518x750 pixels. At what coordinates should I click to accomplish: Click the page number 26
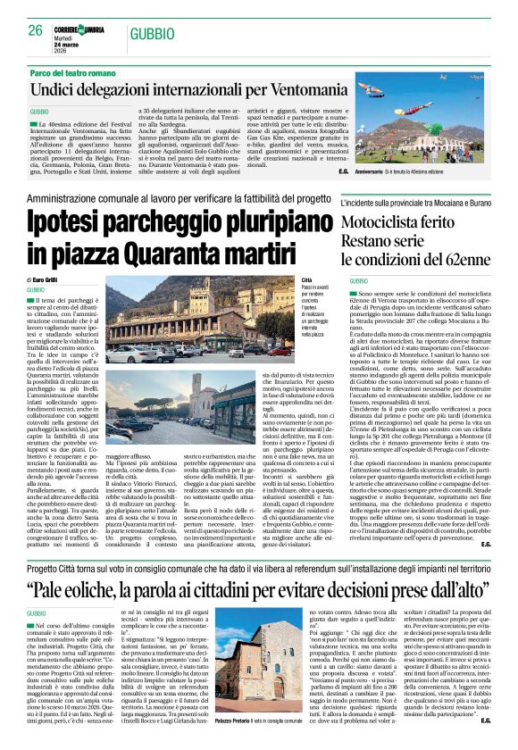[x=35, y=30]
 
